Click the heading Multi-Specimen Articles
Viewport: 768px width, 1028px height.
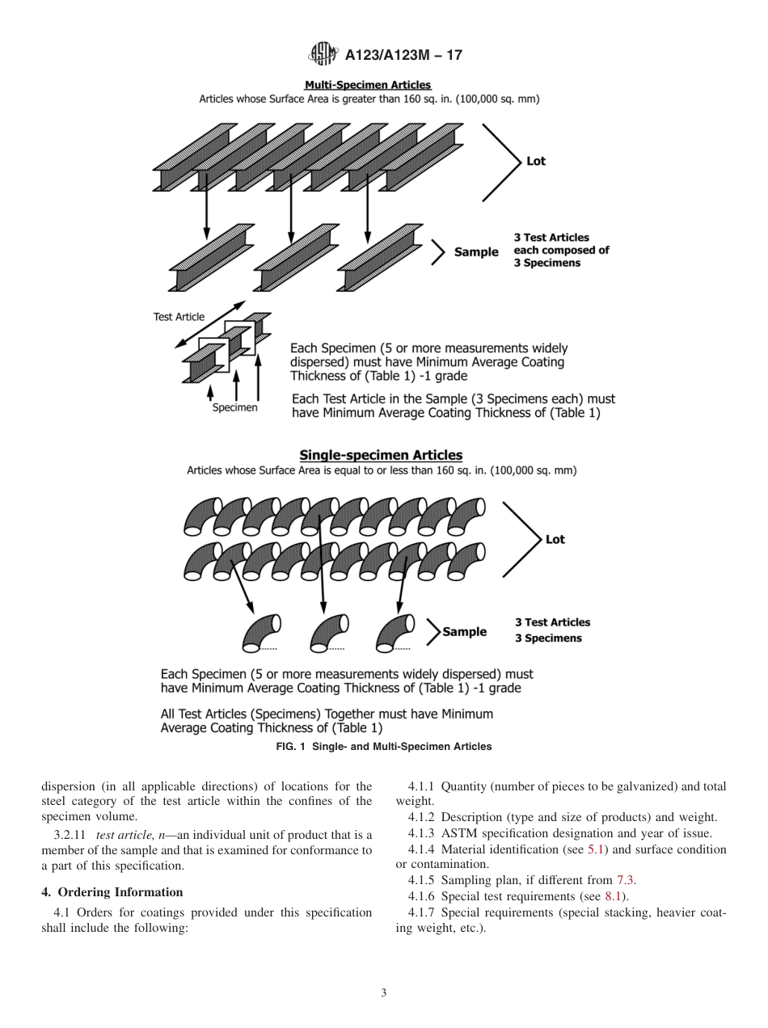[x=368, y=85]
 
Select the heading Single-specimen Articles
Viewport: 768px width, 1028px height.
[x=381, y=455]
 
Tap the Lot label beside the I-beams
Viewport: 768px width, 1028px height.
[x=535, y=161]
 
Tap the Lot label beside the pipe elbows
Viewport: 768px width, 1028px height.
[x=555, y=539]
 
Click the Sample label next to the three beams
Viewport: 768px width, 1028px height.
[x=476, y=252]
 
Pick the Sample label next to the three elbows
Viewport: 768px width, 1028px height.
[x=464, y=632]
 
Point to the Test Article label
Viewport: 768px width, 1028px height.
[x=179, y=317]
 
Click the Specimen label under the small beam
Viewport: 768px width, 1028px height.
[x=234, y=407]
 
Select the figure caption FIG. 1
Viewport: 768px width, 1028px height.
[x=383, y=747]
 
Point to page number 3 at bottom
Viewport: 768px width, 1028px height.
[x=383, y=993]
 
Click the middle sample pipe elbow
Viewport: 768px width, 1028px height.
[x=328, y=633]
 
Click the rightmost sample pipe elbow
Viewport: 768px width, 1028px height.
[x=395, y=632]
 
